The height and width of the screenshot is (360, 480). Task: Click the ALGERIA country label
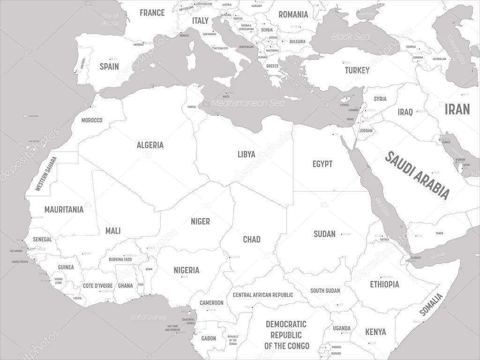point(150,145)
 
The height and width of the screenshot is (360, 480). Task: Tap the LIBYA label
point(246,154)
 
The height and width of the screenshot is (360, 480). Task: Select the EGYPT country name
point(322,164)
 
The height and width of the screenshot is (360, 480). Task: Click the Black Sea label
point(351,36)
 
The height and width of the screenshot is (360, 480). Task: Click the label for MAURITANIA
point(64,209)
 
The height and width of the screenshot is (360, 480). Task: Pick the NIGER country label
point(200,221)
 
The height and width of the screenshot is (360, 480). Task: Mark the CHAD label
point(251,240)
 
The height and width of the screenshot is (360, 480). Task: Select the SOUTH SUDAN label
point(325,291)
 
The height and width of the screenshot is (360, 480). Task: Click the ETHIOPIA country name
point(384,284)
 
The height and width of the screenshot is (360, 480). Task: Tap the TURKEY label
point(357,70)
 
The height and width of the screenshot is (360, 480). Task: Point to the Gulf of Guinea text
point(148,317)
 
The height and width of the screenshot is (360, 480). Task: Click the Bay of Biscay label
point(111,19)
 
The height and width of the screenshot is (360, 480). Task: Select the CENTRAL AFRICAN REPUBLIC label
point(262,295)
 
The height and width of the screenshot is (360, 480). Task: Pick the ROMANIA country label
point(293,15)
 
